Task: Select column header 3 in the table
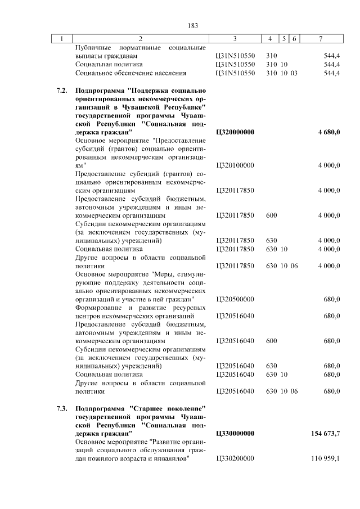pyautogui.click(x=235, y=38)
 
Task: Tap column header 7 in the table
pyautogui.click(x=321, y=38)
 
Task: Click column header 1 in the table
pyautogui.click(x=62, y=38)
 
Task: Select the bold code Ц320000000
pyautogui.click(x=235, y=132)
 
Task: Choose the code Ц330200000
pyautogui.click(x=235, y=460)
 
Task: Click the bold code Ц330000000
pyautogui.click(x=235, y=434)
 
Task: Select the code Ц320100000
pyautogui.click(x=235, y=165)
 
